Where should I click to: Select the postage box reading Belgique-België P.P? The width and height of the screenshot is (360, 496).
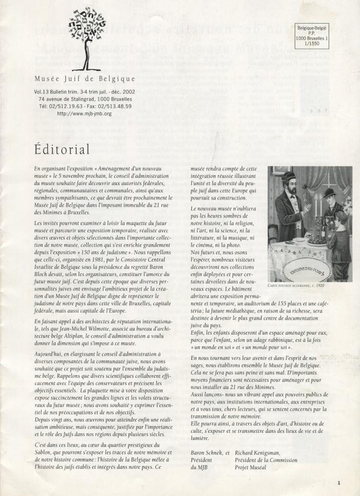pyautogui.click(x=313, y=35)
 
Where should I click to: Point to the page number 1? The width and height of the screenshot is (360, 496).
pyautogui.click(x=339, y=483)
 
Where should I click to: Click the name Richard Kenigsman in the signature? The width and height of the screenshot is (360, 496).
pyautogui.click(x=261, y=453)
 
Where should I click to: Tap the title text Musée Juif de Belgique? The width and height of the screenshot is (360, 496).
pyautogui.click(x=84, y=79)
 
